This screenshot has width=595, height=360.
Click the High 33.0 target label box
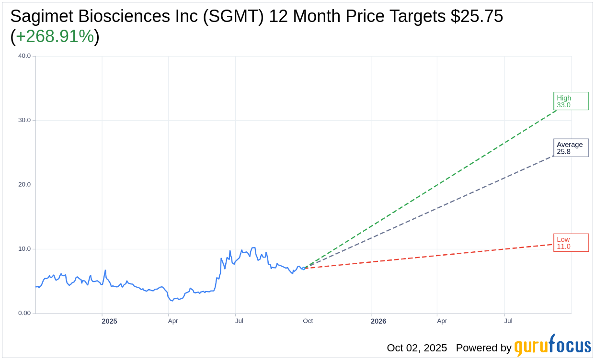pyautogui.click(x=571, y=101)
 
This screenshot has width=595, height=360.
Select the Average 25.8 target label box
pyautogui.click(x=571, y=148)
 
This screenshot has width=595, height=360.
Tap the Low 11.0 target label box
pyautogui.click(x=571, y=243)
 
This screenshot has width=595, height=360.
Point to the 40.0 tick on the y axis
pyautogui.click(x=24, y=56)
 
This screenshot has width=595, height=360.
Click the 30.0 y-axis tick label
pyautogui.click(x=24, y=120)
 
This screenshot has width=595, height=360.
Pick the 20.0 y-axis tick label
pyautogui.click(x=24, y=184)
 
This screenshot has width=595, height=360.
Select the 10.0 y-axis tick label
pyautogui.click(x=24, y=249)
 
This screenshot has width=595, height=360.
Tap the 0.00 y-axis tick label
pyautogui.click(x=24, y=313)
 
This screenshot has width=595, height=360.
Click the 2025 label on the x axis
pyautogui.click(x=109, y=321)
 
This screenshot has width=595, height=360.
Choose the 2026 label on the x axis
pyautogui.click(x=378, y=321)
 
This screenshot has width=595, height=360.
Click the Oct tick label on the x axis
pyautogui.click(x=308, y=321)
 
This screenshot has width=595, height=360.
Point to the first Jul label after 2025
pyautogui.click(x=239, y=321)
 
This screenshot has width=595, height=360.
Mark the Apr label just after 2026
pyautogui.click(x=442, y=321)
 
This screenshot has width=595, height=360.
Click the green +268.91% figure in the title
pyautogui.click(x=55, y=36)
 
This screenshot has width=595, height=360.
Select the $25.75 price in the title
pyautogui.click(x=477, y=16)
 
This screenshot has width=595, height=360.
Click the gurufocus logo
pyautogui.click(x=552, y=346)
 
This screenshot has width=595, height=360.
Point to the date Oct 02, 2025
pyautogui.click(x=417, y=348)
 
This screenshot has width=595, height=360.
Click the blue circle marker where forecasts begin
pyautogui.click(x=303, y=268)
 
